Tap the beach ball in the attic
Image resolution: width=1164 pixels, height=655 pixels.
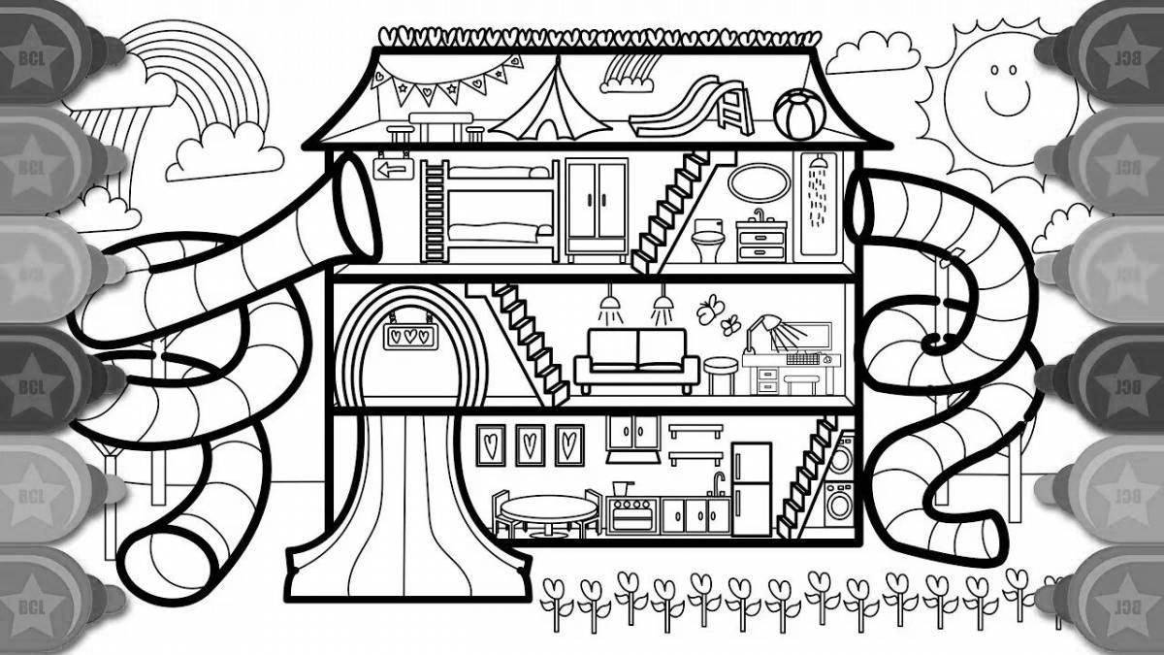click(796, 114)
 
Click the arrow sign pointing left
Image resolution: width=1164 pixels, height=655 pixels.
click(391, 171)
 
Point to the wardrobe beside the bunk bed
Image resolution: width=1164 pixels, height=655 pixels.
click(597, 209)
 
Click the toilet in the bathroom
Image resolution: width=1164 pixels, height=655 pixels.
click(706, 238)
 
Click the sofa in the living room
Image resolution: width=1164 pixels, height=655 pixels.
click(636, 357)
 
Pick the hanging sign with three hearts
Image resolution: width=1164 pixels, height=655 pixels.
click(405, 335)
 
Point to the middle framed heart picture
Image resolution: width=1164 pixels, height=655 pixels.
click(530, 443)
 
